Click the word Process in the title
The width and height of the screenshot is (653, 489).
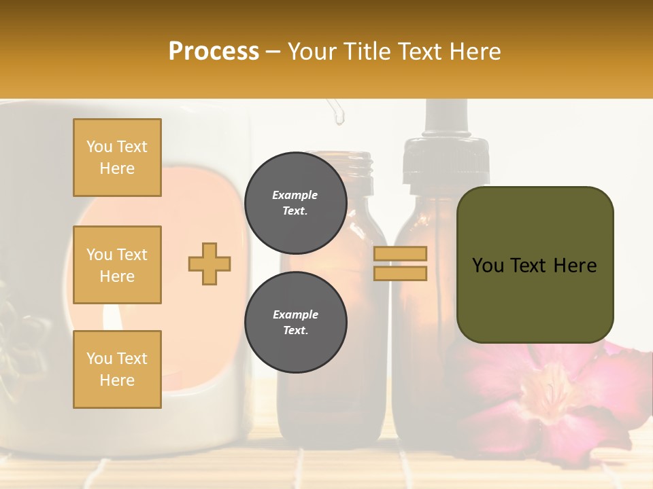[214, 52]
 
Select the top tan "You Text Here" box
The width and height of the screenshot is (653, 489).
[117, 158]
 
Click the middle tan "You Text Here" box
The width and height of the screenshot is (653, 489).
[117, 265]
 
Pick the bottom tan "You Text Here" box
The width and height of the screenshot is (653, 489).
[117, 369]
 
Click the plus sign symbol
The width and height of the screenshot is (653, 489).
[210, 264]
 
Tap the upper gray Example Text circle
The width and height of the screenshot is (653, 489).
[295, 202]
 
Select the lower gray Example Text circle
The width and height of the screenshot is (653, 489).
[295, 322]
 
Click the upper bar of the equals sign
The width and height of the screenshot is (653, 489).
[400, 254]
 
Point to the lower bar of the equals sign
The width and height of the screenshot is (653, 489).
[400, 273]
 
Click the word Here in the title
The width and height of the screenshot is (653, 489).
[475, 52]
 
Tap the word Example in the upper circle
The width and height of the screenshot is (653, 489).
[295, 195]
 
